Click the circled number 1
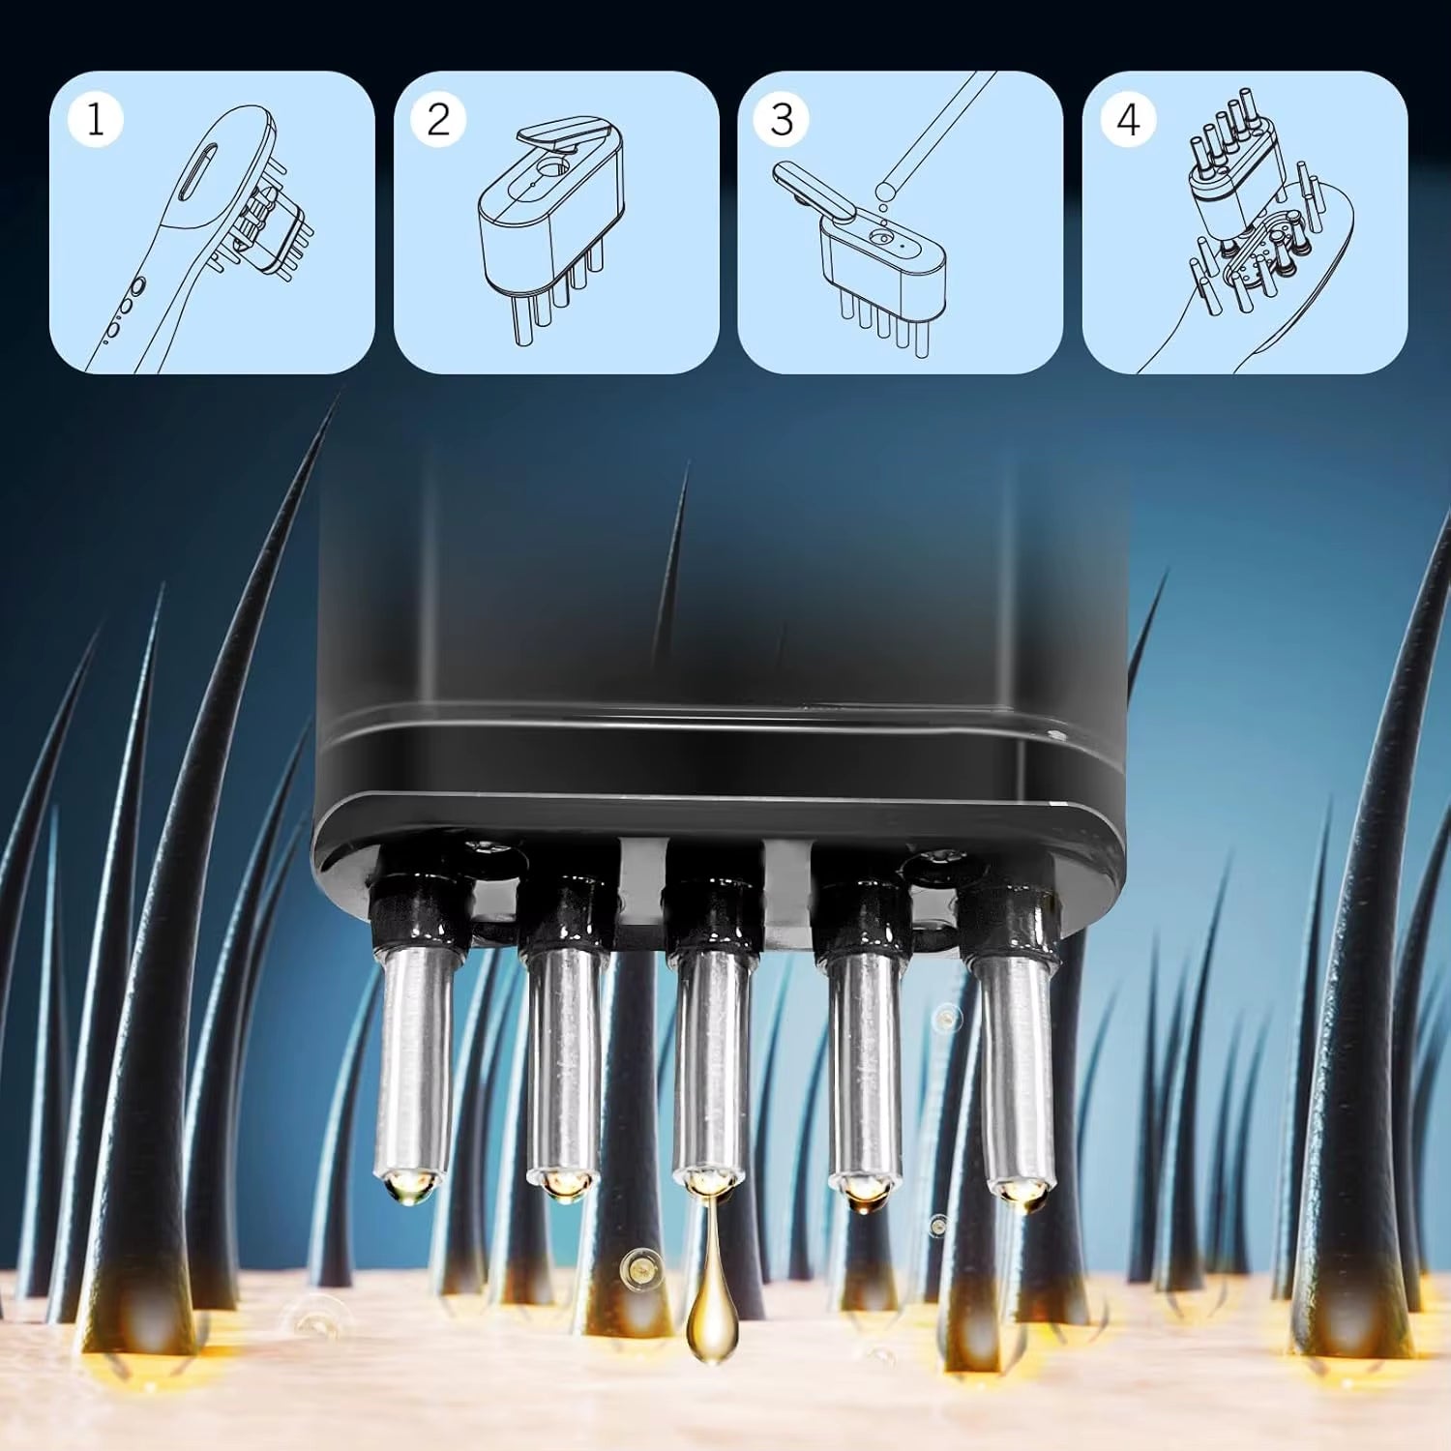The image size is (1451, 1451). pyautogui.click(x=95, y=119)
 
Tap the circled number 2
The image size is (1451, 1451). pyautogui.click(x=438, y=119)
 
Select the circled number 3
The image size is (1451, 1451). pyautogui.click(x=782, y=119)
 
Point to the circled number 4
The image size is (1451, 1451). pyautogui.click(x=1127, y=119)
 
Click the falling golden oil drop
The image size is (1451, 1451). pyautogui.click(x=708, y=1325)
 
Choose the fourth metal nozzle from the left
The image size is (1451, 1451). pyautogui.click(x=864, y=1064)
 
